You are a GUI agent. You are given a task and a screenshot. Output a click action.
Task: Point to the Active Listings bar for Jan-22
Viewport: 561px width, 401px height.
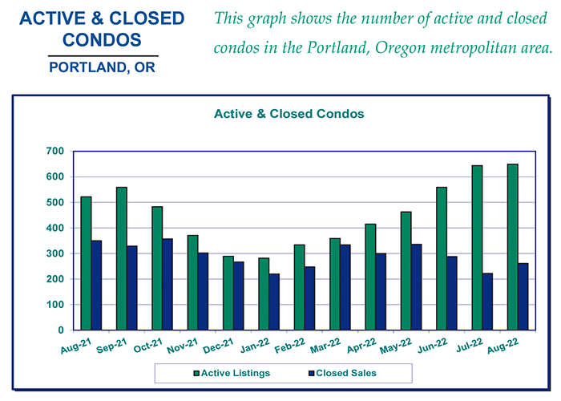click(264, 294)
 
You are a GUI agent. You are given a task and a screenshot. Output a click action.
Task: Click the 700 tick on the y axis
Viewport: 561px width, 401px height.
click(55, 151)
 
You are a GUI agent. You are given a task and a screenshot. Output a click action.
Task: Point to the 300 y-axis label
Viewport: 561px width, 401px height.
click(55, 253)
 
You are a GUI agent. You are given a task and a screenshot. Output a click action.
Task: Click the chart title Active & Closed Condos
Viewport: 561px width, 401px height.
click(289, 114)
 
